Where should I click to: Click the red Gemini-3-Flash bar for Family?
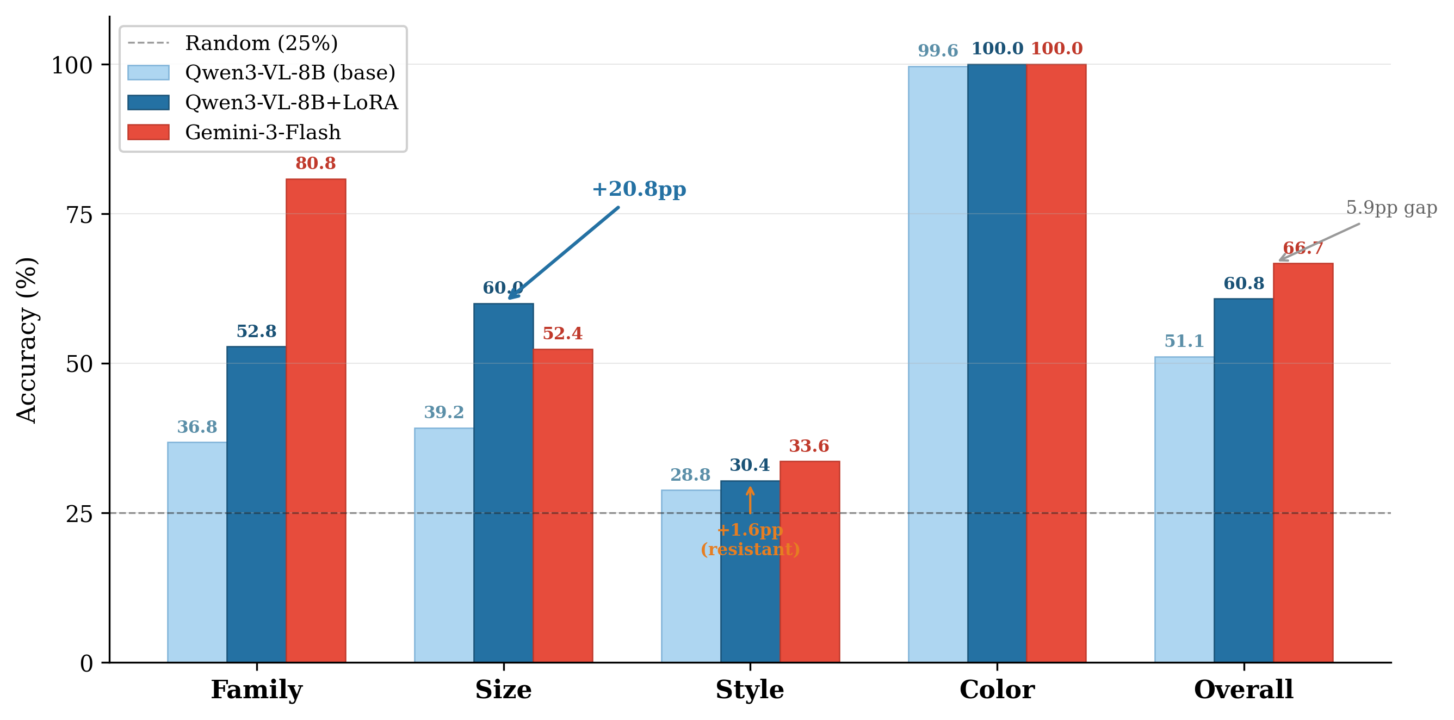315,420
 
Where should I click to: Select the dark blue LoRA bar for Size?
504,482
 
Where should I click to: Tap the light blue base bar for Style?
691,575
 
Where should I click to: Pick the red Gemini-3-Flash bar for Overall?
1303,463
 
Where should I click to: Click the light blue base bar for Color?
938,364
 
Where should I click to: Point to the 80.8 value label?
315,164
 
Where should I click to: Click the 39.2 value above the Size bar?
444,412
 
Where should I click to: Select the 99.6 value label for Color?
938,51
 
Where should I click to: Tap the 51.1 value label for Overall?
1184,342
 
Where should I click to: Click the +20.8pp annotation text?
639,189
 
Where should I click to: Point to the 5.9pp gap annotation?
1391,208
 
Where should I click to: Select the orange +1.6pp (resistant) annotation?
750,539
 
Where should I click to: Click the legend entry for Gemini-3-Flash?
263,133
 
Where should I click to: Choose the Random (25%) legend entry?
261,43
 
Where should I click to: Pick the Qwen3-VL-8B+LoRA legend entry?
291,103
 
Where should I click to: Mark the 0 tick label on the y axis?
86,663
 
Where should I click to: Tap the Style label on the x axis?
750,690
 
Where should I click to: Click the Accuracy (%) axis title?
27,340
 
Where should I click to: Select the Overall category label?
1243,690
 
